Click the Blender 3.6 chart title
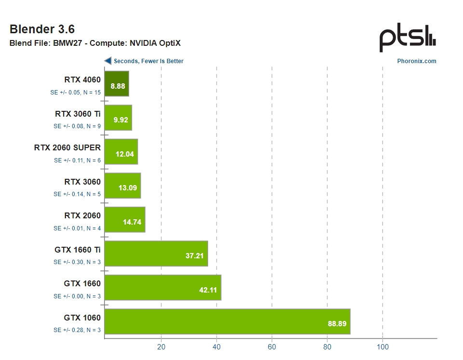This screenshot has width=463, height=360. point(42,29)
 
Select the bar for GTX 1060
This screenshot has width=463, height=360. point(227,321)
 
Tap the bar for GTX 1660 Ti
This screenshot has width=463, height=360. point(156,253)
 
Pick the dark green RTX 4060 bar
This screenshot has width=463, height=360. point(117,83)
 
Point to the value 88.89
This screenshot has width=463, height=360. point(337,324)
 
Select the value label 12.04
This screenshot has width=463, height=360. point(125,154)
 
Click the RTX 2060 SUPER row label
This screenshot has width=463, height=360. point(67,147)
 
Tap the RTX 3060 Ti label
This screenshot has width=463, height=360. point(78,114)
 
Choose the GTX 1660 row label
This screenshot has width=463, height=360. point(82,283)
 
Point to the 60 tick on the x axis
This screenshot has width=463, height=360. point(272,347)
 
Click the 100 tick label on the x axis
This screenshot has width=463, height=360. point(383,347)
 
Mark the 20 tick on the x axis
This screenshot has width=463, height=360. point(161,347)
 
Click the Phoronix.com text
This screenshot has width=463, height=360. point(417,61)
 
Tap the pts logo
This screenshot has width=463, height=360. point(408,39)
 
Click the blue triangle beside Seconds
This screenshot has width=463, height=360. point(108,61)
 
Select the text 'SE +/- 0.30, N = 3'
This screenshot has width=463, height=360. point(77,262)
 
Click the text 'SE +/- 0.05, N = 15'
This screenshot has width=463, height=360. point(76,93)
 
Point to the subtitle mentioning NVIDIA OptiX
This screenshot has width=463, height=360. point(95,43)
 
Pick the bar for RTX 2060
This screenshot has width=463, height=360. point(124,219)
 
